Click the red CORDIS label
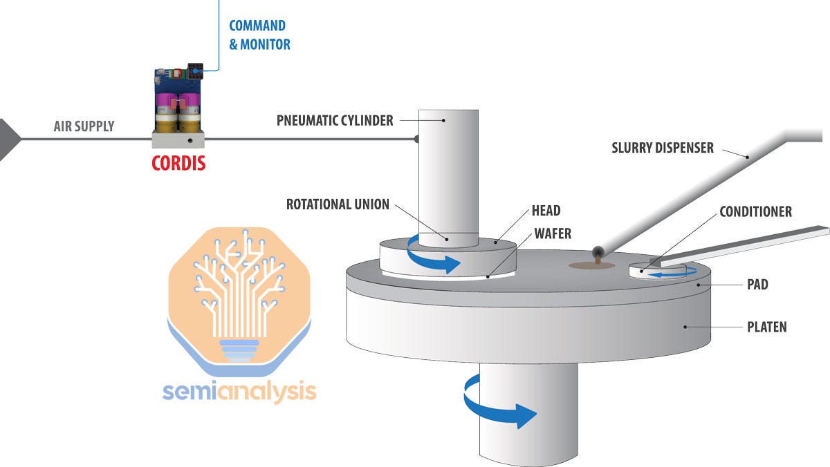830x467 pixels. [x=179, y=164]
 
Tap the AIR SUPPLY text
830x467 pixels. [x=84, y=126]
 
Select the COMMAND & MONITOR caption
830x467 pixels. [x=259, y=35]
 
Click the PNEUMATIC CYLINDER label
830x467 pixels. [x=335, y=120]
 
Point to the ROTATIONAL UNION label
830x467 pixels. [x=338, y=204]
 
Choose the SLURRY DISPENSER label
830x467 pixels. [x=663, y=147]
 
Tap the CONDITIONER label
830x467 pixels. [x=755, y=211]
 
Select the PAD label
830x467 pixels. [x=757, y=284]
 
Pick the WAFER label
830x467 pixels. [x=552, y=233]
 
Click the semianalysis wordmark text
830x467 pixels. [x=239, y=392]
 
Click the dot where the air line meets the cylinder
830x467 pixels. [x=416, y=139]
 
